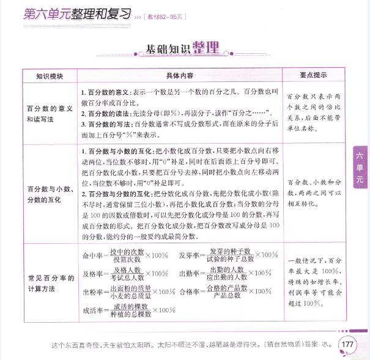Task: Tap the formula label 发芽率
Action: (188, 255)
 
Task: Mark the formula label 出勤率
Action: (188, 274)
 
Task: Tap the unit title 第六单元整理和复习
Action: (74, 13)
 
